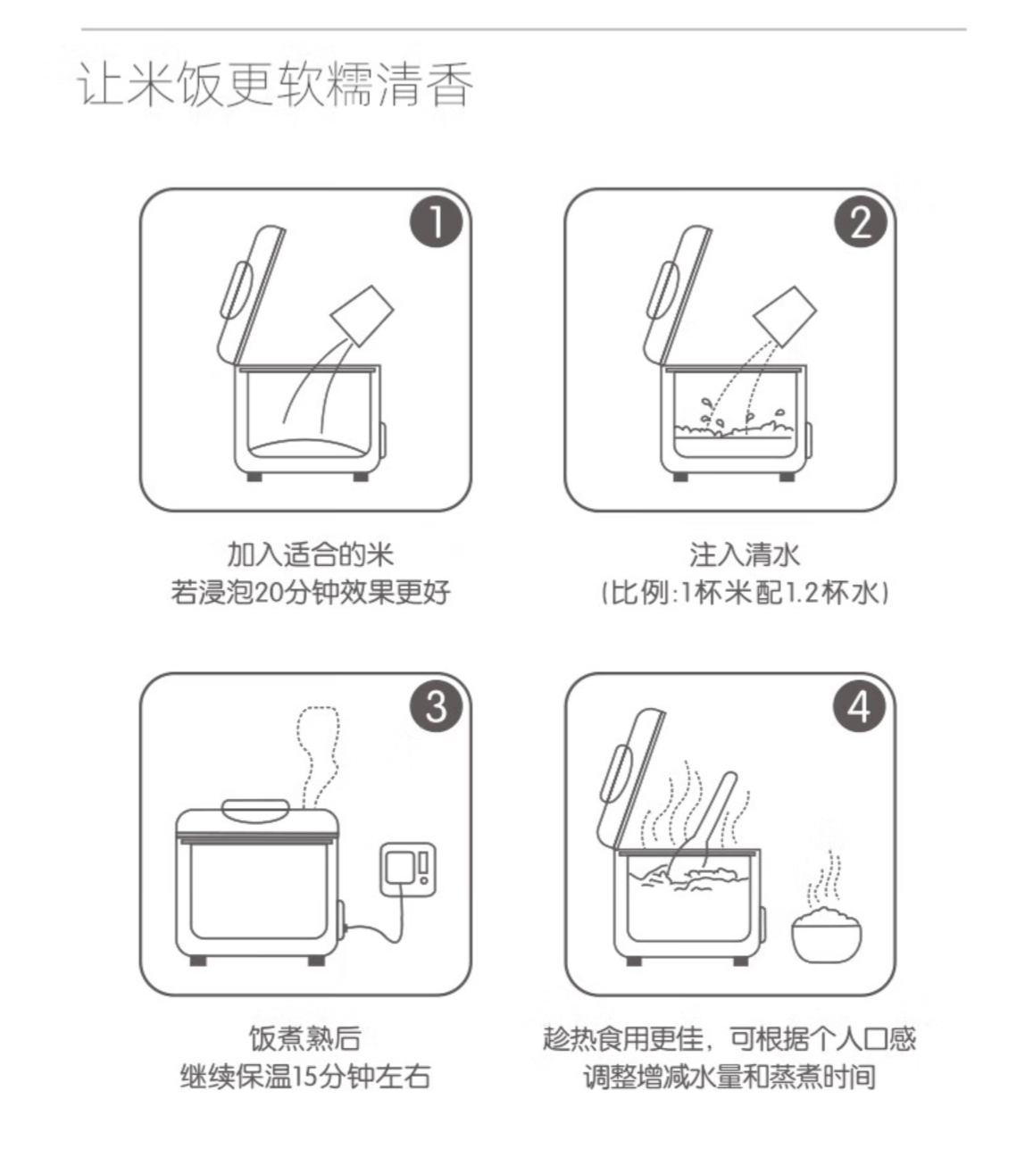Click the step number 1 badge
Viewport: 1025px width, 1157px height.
(436, 221)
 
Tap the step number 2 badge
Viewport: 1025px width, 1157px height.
(861, 221)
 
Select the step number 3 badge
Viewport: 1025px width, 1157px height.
(436, 706)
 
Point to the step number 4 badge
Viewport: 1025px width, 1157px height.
(860, 706)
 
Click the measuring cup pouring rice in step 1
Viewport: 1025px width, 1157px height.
(362, 315)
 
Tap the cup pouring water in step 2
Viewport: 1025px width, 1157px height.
(785, 316)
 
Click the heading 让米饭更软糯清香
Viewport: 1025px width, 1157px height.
(276, 85)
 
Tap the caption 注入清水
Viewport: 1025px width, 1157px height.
(744, 554)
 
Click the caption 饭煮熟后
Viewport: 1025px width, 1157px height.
(305, 1038)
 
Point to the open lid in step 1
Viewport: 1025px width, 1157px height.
(252, 295)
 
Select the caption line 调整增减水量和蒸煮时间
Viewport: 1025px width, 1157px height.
(729, 1077)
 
